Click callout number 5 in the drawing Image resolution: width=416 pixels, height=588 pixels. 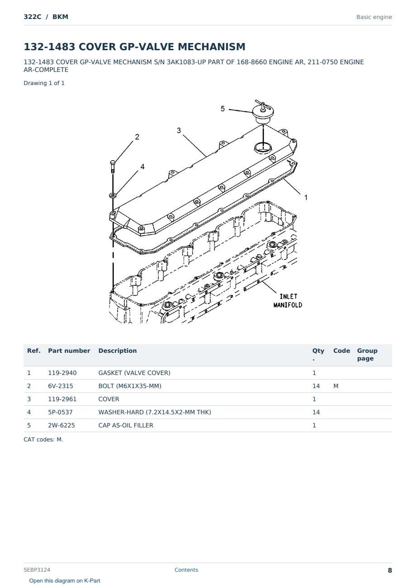point(222,109)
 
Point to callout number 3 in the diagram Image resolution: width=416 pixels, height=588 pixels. point(179,130)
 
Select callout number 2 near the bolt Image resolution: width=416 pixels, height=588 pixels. point(137,137)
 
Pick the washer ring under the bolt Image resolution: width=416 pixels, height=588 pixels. point(113,195)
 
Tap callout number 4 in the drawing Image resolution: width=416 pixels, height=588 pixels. point(142,167)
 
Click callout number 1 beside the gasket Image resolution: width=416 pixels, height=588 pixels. point(306,197)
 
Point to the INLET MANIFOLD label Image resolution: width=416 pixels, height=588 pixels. point(288,301)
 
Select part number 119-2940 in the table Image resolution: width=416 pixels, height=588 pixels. point(62,373)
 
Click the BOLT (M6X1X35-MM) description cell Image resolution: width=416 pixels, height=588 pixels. point(130,386)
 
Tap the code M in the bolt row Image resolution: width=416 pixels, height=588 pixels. point(336,386)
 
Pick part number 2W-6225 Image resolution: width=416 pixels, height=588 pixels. point(61,425)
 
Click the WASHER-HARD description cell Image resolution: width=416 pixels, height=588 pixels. point(155,412)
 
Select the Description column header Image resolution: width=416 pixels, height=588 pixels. point(118,351)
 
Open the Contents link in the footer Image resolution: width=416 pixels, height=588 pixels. point(186,570)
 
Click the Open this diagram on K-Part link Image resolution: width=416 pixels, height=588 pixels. point(65,581)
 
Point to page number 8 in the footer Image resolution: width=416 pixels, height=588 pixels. point(390,570)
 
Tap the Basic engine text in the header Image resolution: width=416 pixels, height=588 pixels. point(374,17)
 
